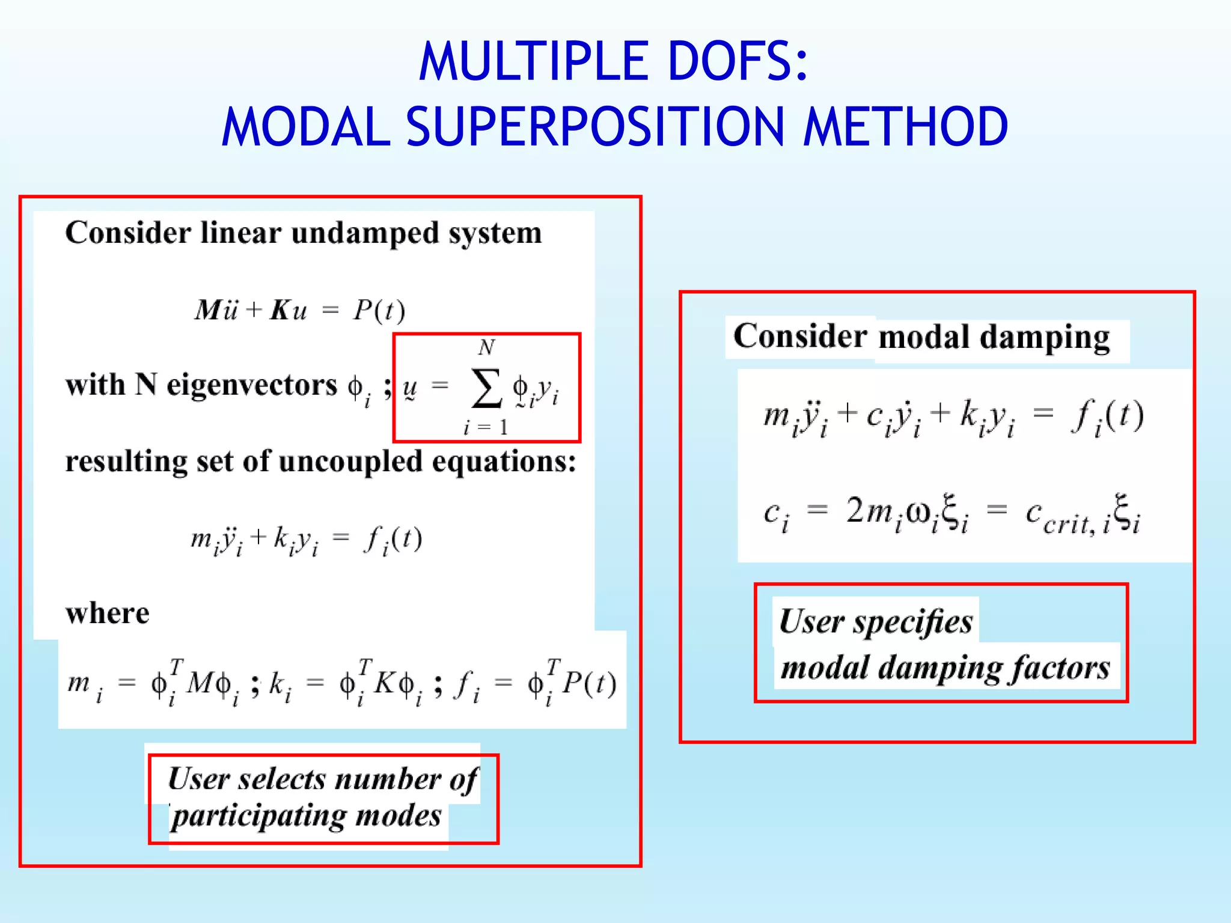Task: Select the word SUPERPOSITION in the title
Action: pyautogui.click(x=595, y=127)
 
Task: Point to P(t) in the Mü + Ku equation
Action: pyautogui.click(x=379, y=311)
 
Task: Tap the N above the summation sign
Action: pyautogui.click(x=486, y=347)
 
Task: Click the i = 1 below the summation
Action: pyautogui.click(x=486, y=427)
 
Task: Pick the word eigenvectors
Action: pyautogui.click(x=252, y=385)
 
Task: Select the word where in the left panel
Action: pyautogui.click(x=108, y=614)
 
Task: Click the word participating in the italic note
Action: pyautogui.click(x=258, y=816)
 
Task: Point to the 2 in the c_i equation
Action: pyautogui.click(x=854, y=511)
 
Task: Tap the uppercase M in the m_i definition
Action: pyautogui.click(x=199, y=683)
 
